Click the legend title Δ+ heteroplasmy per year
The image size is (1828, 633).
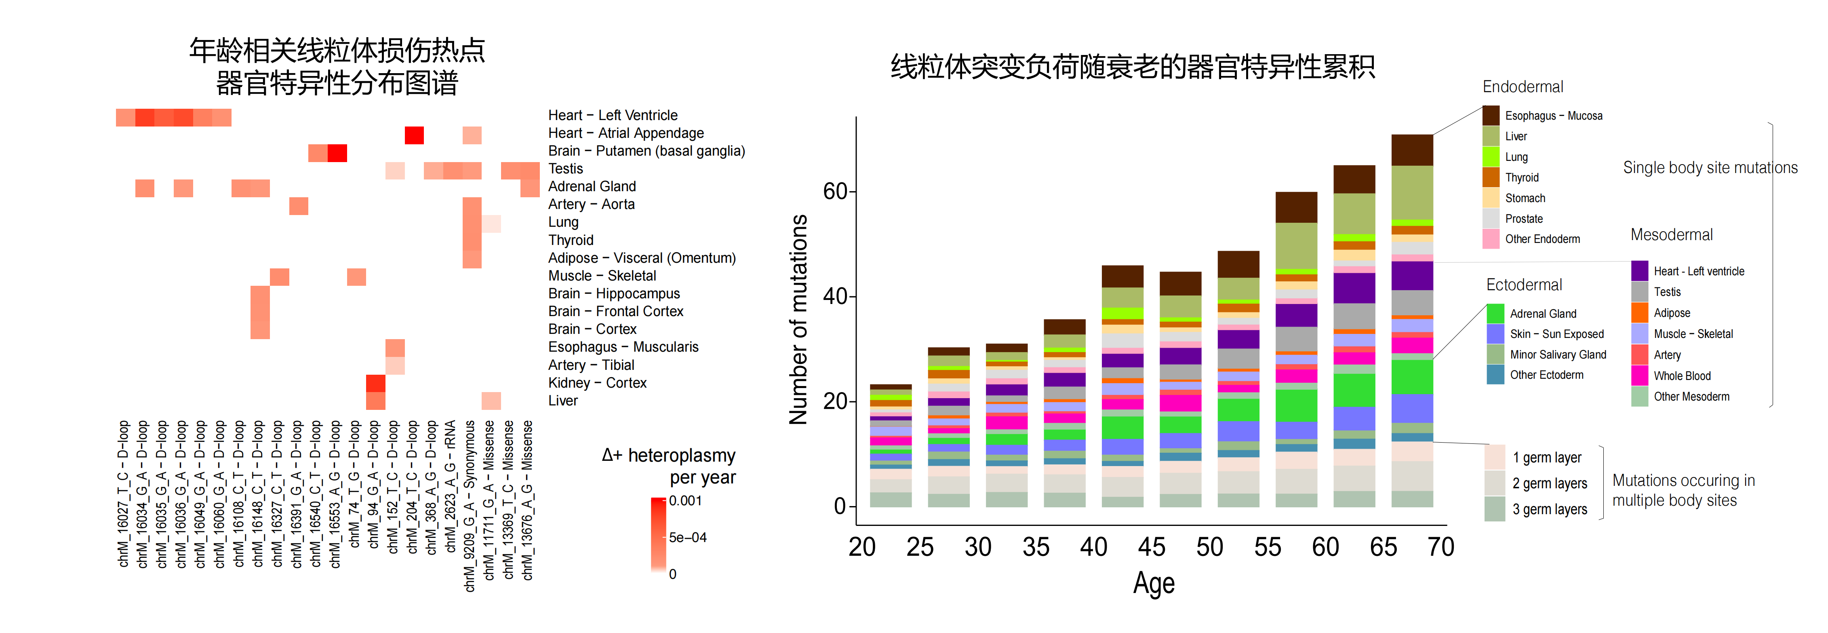click(x=668, y=466)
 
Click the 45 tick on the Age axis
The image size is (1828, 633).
click(x=1151, y=547)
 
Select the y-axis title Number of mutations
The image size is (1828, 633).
click(x=799, y=319)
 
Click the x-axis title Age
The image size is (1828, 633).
click(x=1154, y=583)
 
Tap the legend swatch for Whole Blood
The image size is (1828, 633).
click(x=1639, y=376)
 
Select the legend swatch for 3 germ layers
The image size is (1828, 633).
click(x=1495, y=509)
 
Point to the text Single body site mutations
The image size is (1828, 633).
click(x=1710, y=168)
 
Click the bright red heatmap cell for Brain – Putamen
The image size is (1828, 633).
click(x=337, y=152)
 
